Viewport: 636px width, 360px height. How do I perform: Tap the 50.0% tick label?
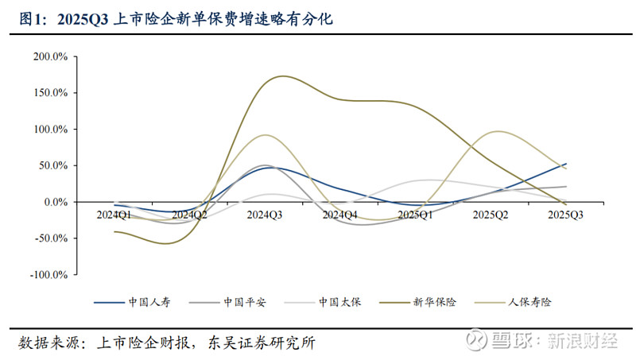coord(53,165)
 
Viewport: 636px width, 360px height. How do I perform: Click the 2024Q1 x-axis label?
coord(114,215)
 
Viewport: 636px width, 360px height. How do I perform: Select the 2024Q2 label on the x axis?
coord(190,215)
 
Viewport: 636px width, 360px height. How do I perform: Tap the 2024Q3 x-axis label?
coord(265,215)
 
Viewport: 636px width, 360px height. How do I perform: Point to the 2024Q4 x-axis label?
coord(340,215)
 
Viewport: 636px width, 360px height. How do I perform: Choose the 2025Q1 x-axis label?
coord(415,215)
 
